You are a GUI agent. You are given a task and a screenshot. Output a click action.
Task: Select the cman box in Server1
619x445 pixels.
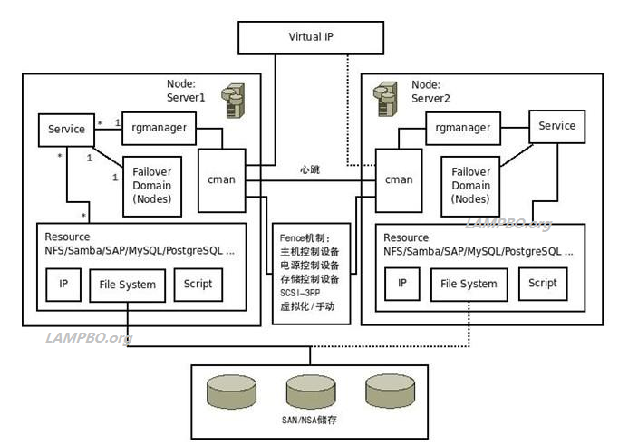pyautogui.click(x=221, y=180)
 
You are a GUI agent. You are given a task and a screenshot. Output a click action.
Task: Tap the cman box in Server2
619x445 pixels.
pyautogui.click(x=399, y=180)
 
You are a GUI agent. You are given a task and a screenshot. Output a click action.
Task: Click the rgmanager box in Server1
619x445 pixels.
pyautogui.click(x=159, y=129)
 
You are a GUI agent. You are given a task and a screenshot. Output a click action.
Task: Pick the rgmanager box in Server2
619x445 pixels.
pyautogui.click(x=463, y=128)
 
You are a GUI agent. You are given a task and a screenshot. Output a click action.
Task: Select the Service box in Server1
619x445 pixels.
pyautogui.click(x=66, y=130)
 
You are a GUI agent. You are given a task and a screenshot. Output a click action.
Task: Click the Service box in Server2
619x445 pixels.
pyautogui.click(x=556, y=126)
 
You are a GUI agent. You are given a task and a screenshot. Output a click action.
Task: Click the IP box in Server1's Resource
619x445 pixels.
pyautogui.click(x=63, y=285)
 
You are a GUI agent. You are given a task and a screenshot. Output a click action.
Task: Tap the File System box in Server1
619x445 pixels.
pyautogui.click(x=128, y=285)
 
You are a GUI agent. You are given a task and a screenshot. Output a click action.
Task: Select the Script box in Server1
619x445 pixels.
pyautogui.click(x=198, y=284)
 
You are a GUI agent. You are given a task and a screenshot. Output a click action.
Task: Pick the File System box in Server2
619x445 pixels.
pyautogui.click(x=469, y=284)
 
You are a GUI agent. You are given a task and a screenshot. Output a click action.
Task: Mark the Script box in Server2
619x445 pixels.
pyautogui.click(x=543, y=283)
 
